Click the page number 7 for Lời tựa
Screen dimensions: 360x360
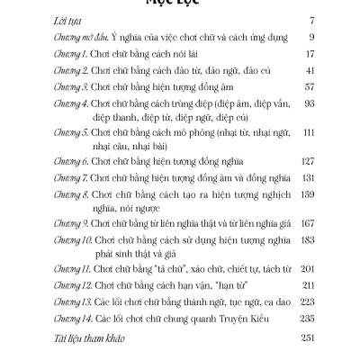point(310,42)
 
